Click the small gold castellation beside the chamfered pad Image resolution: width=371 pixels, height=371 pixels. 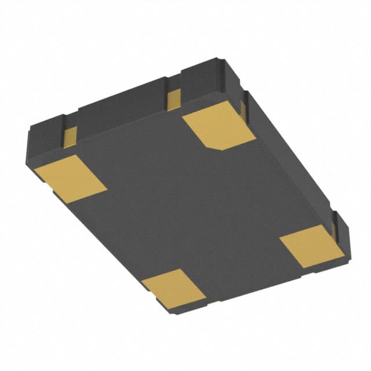point(173,100)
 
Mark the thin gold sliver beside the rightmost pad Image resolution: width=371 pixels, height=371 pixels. point(335,228)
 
